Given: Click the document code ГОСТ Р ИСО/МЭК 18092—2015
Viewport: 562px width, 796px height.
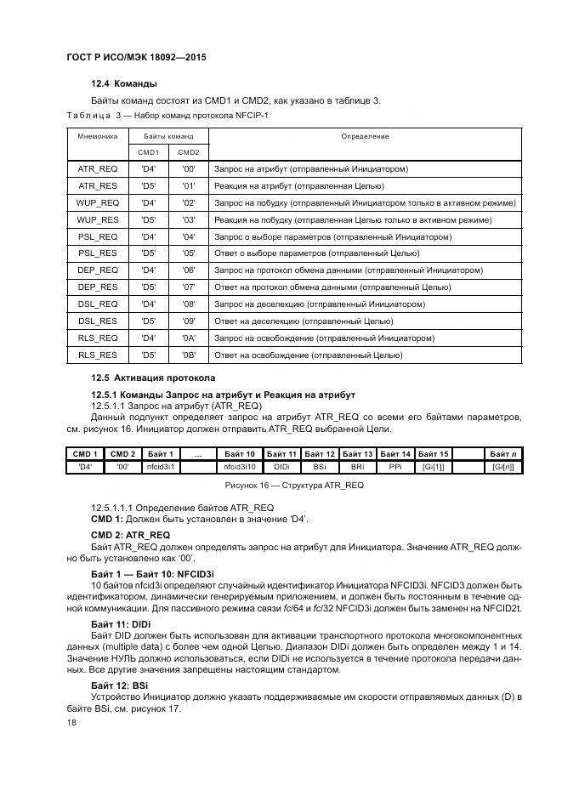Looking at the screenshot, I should pyautogui.click(x=136, y=58).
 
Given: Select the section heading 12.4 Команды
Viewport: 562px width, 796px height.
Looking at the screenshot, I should pyautogui.click(x=124, y=84).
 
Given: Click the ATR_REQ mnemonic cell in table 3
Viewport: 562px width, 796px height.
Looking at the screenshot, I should pyautogui.click(x=98, y=169).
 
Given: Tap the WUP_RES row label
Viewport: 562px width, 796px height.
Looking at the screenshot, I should pyautogui.click(x=98, y=219).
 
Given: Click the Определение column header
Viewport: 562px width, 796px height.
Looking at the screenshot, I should pyautogui.click(x=365, y=136).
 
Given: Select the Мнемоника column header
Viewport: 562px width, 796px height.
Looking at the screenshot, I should pyautogui.click(x=98, y=136).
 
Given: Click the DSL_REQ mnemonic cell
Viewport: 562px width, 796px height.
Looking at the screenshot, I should pyautogui.click(x=98, y=304).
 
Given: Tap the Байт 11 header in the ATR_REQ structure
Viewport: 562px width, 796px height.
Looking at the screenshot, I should pyautogui.click(x=281, y=454).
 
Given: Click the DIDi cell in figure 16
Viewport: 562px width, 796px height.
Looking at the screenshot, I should pyautogui.click(x=281, y=467).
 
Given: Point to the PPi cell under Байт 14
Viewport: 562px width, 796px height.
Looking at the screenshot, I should pyautogui.click(x=395, y=467).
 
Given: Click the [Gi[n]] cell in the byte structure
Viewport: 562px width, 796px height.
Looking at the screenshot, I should pyautogui.click(x=502, y=467).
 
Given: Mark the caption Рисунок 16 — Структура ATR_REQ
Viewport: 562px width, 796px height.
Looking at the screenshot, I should pyautogui.click(x=292, y=485).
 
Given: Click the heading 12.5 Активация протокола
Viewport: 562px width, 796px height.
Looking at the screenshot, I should pyautogui.click(x=153, y=377).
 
